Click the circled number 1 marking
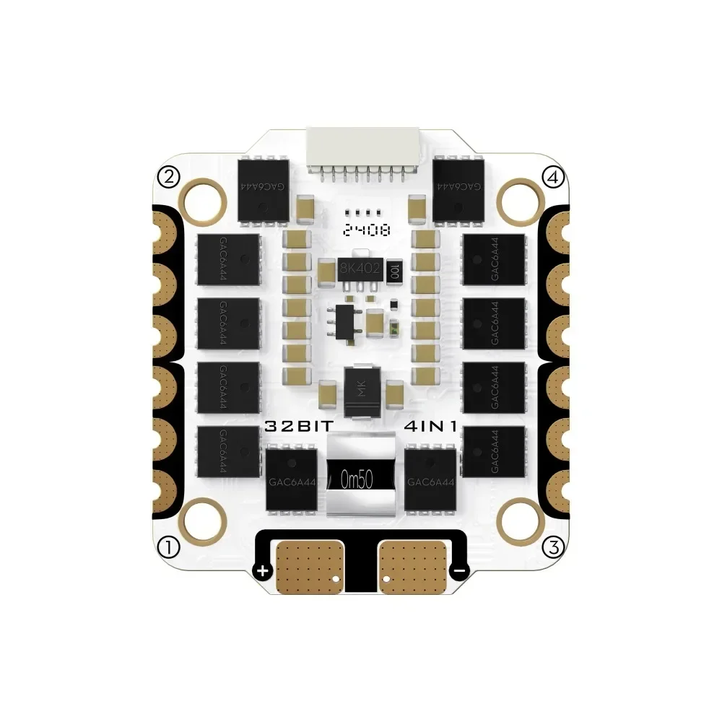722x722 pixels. pos(168,547)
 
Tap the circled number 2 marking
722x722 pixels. pos(168,177)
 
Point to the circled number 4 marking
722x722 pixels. pos(553,177)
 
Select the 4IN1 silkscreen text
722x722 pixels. pos(430,427)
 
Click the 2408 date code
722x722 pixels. pos(367,231)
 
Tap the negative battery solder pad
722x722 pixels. pos(412,565)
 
